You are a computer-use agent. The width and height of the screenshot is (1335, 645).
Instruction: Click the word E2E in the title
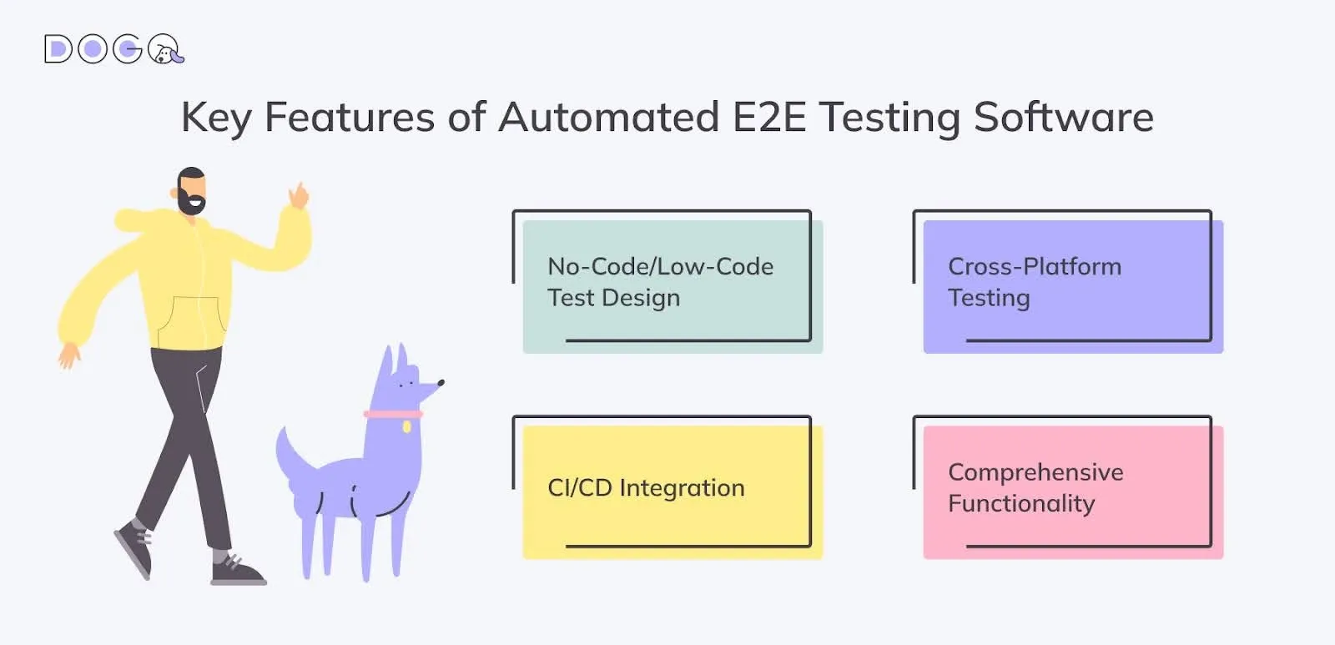(x=768, y=117)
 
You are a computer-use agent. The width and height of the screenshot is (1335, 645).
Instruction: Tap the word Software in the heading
(x=1063, y=117)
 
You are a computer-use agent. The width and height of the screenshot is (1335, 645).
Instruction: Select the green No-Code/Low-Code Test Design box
(x=673, y=287)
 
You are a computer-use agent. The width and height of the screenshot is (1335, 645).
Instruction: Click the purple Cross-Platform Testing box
(x=1073, y=287)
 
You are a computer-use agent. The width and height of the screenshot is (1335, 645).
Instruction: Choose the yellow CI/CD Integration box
(x=673, y=492)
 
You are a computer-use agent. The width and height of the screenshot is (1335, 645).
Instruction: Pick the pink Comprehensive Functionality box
(x=1073, y=492)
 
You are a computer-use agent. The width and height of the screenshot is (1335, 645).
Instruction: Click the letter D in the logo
(x=58, y=49)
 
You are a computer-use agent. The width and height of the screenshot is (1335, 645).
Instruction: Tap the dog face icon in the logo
(x=164, y=49)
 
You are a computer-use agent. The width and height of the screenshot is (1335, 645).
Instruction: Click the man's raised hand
(x=299, y=195)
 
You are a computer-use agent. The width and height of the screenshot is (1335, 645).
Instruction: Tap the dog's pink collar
(x=393, y=414)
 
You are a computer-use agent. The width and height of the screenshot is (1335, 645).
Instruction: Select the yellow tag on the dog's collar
(x=406, y=427)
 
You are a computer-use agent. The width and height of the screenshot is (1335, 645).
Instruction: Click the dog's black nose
(x=441, y=383)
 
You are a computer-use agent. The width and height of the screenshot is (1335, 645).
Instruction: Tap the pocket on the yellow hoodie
(x=192, y=322)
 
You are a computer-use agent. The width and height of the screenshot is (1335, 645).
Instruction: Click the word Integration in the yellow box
(x=682, y=488)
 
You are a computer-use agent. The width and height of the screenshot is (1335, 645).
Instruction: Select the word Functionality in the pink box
(x=1021, y=504)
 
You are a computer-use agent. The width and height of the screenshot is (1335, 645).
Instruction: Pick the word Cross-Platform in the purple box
(x=1035, y=266)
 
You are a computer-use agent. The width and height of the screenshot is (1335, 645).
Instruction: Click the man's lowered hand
(x=69, y=355)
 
